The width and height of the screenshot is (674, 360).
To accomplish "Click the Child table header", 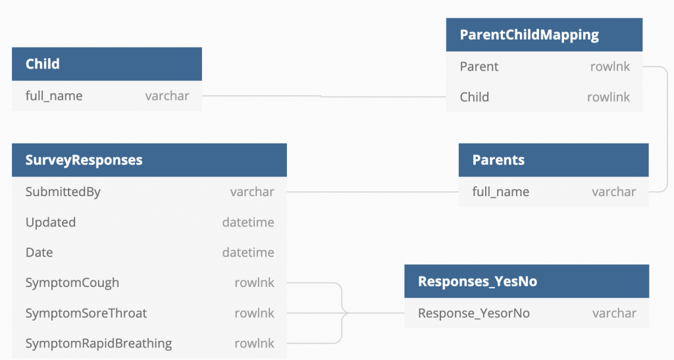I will click(x=42, y=64).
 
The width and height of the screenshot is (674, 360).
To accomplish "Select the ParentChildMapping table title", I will click(x=529, y=35).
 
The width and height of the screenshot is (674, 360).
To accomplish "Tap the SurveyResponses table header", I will click(x=84, y=160).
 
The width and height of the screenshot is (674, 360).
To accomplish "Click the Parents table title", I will click(x=498, y=160).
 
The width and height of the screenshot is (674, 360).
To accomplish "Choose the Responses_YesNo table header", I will click(x=477, y=281).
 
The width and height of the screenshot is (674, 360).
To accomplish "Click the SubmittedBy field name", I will click(x=63, y=192).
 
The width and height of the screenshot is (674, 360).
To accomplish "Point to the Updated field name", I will click(x=51, y=222).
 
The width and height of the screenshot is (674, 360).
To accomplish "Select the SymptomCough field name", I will click(x=72, y=283).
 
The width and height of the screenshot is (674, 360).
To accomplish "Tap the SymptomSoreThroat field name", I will click(x=86, y=313).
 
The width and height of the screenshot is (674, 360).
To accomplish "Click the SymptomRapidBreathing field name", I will click(x=99, y=344).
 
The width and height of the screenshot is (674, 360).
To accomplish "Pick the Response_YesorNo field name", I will click(x=474, y=313).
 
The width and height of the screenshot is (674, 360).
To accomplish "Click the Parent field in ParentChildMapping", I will click(x=479, y=66).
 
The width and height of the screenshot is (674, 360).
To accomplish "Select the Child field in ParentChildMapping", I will click(x=474, y=97).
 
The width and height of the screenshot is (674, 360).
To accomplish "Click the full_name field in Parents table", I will click(x=501, y=192).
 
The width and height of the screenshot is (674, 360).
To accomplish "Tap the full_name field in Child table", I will click(x=54, y=96).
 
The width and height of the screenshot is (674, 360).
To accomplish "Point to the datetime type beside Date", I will click(x=248, y=253).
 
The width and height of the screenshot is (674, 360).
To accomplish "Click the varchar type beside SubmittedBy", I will click(x=252, y=192).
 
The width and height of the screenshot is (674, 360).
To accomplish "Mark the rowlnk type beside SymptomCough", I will click(x=254, y=283).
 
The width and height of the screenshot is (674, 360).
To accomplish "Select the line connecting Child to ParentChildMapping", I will click(x=323, y=96).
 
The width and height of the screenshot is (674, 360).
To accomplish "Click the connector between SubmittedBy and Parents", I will click(x=372, y=192).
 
